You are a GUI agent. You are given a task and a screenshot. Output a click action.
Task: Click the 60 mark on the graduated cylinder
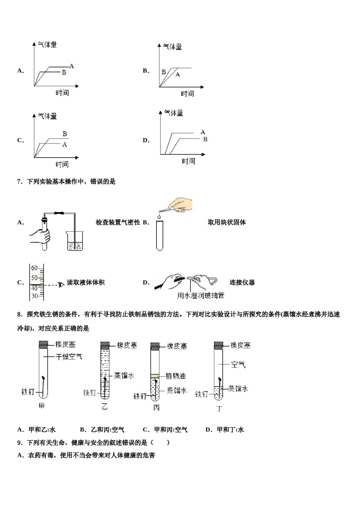[x=34, y=268]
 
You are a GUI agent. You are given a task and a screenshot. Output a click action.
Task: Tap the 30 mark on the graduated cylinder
[x=34, y=296]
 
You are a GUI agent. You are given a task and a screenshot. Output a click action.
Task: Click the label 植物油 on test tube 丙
[x=175, y=376]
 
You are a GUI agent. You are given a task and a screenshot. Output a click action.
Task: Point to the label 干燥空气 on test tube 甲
[x=69, y=357]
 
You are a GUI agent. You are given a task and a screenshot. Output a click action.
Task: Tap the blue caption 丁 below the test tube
[x=219, y=409]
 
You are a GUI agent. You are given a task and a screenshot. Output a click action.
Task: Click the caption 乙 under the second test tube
[x=105, y=407]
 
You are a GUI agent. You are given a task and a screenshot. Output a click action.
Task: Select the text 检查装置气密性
[x=118, y=222]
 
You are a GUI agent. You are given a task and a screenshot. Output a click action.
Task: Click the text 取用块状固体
[x=227, y=222]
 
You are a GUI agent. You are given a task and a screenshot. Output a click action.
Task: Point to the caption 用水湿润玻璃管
[x=200, y=296]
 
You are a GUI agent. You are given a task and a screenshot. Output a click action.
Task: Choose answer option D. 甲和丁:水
[x=225, y=429]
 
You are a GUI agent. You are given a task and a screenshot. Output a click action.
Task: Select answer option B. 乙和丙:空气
[x=102, y=429]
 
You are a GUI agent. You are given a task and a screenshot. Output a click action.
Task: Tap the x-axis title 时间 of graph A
[x=62, y=93]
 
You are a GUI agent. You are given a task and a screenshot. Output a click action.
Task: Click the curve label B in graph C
[x=65, y=134]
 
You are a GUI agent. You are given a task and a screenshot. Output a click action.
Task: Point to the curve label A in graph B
[x=178, y=75]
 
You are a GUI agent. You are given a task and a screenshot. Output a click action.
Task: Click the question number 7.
[x=20, y=181]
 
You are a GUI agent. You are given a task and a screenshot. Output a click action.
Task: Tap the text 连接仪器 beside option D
[x=242, y=283]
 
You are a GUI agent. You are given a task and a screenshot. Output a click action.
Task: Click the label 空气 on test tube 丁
[x=238, y=365]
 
